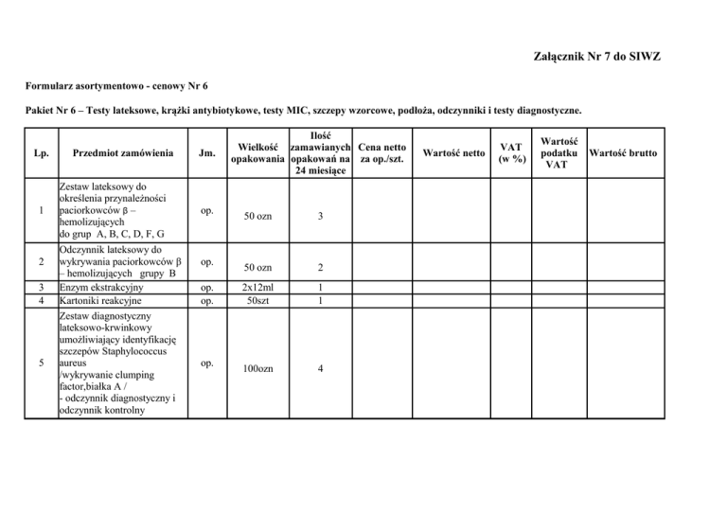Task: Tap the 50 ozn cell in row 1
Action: pyautogui.click(x=256, y=217)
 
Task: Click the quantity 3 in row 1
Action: pyautogui.click(x=321, y=217)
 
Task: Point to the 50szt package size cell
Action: pyautogui.click(x=256, y=300)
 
